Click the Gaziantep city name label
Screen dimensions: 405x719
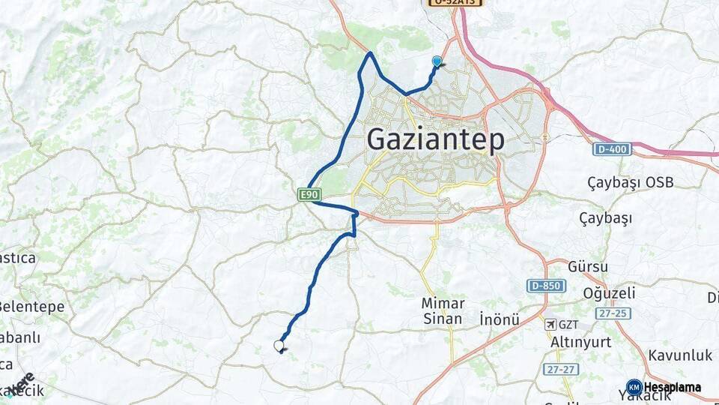click(x=435, y=140)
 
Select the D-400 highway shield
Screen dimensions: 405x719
click(x=612, y=149)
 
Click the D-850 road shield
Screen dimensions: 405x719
click(x=545, y=286)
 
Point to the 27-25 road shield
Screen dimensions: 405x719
click(x=613, y=313)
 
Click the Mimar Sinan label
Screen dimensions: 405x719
click(x=443, y=310)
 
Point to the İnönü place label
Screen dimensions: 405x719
click(x=500, y=319)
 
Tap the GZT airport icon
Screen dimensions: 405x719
click(x=551, y=325)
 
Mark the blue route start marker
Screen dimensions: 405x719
click(x=437, y=62)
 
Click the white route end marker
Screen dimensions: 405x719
click(x=279, y=345)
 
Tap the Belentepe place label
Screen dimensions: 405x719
click(x=32, y=307)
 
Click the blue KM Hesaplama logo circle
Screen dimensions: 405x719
click(x=634, y=388)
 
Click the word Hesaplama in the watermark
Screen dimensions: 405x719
click(x=673, y=388)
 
